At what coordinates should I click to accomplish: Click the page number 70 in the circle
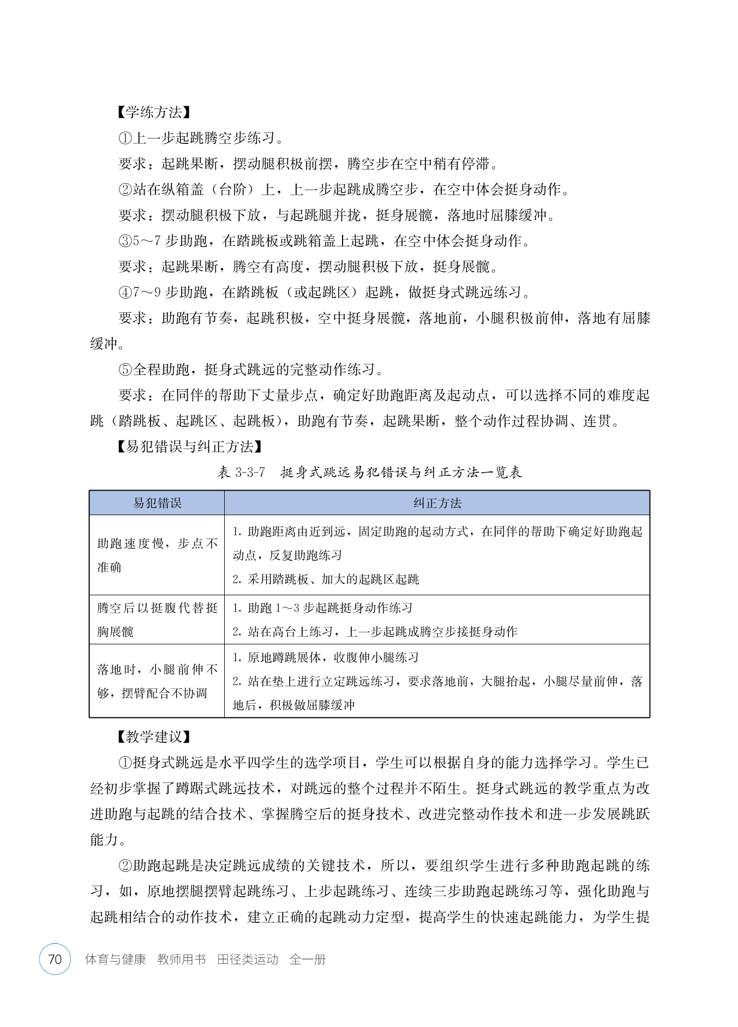tap(55, 959)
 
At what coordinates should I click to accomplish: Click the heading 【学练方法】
tap(153, 112)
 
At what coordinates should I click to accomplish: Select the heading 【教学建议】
tap(153, 737)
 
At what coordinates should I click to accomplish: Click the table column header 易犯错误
tap(157, 503)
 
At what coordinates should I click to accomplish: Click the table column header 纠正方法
tap(437, 503)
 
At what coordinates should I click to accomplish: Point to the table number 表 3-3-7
tap(241, 472)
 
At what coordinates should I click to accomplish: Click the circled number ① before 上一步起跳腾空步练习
tap(125, 138)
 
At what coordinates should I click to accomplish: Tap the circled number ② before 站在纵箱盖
tap(125, 190)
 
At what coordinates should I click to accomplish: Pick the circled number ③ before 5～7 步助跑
tap(125, 241)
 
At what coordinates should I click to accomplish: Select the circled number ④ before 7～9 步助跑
tap(125, 293)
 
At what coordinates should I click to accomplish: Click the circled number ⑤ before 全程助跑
tap(125, 370)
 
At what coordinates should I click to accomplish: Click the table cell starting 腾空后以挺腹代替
tap(157, 620)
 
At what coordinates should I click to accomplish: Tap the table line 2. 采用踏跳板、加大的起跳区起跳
tap(326, 579)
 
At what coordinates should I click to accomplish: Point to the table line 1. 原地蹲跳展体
tap(326, 657)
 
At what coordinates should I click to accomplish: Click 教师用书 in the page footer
tap(181, 959)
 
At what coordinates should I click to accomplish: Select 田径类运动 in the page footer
tap(248, 959)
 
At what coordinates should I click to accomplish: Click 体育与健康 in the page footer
tap(116, 959)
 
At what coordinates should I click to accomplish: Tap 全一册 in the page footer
tap(308, 959)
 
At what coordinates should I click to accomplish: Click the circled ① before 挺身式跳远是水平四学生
tap(125, 763)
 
